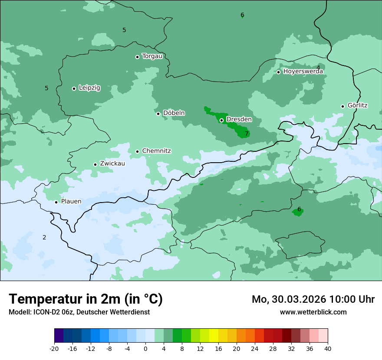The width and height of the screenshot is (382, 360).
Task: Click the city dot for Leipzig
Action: [74, 88]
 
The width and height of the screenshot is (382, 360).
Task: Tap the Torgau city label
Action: [152, 56]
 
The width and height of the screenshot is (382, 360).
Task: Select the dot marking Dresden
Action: [221, 120]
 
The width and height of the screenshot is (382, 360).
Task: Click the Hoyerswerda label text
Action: [303, 72]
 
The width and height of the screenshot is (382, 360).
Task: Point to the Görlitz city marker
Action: [342, 106]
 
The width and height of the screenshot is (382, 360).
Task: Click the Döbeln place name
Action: [174, 113]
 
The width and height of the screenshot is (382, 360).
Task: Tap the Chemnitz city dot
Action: [138, 151]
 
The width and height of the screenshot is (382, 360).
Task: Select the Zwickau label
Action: [112, 164]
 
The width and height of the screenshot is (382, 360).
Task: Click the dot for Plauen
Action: [56, 202]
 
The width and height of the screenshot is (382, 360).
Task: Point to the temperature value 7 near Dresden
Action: [247, 134]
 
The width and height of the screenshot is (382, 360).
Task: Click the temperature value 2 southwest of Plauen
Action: [44, 237]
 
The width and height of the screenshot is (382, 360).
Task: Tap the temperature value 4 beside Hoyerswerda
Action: [318, 68]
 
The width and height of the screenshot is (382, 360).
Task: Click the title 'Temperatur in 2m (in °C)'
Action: [86, 299]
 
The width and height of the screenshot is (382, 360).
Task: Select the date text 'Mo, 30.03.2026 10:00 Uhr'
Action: [313, 299]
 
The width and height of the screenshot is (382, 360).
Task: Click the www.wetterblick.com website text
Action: [313, 312]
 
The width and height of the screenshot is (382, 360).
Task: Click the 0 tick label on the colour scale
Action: [145, 349]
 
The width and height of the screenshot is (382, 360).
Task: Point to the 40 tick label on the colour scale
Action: [327, 349]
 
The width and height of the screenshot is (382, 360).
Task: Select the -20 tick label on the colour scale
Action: [54, 349]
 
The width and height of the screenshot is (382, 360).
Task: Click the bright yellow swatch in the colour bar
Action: [214, 336]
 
